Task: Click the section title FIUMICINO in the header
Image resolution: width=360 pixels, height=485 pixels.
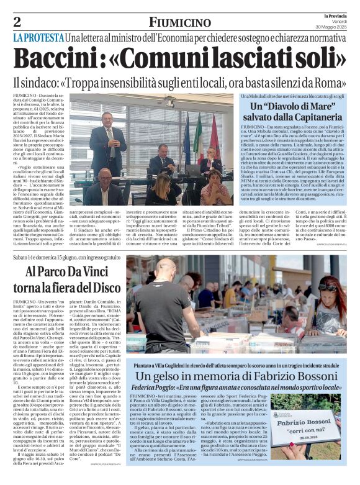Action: (x=179, y=22)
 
